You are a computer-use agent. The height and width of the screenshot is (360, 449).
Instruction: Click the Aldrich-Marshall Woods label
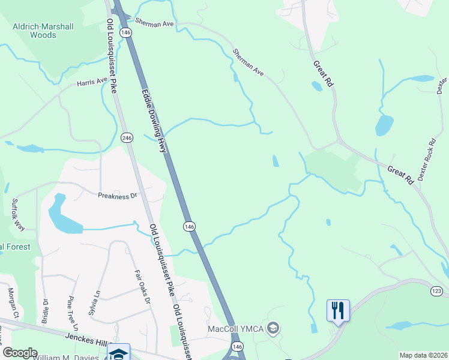click(34, 31)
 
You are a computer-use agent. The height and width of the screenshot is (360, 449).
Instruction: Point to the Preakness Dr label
click(118, 195)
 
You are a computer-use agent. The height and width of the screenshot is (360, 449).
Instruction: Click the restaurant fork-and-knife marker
click(338, 310)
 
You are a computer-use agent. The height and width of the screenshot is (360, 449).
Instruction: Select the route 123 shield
click(436, 291)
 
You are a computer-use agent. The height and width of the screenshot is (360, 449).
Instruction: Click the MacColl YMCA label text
click(237, 329)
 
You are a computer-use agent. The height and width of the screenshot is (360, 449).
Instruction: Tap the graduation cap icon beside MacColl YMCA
click(273, 328)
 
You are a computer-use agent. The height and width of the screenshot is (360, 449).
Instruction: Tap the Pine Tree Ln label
click(73, 313)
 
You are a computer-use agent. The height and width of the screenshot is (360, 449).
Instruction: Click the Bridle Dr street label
click(45, 311)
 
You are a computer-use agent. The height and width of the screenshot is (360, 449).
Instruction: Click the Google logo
click(19, 353)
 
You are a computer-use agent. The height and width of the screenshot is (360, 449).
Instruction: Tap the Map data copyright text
click(423, 355)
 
